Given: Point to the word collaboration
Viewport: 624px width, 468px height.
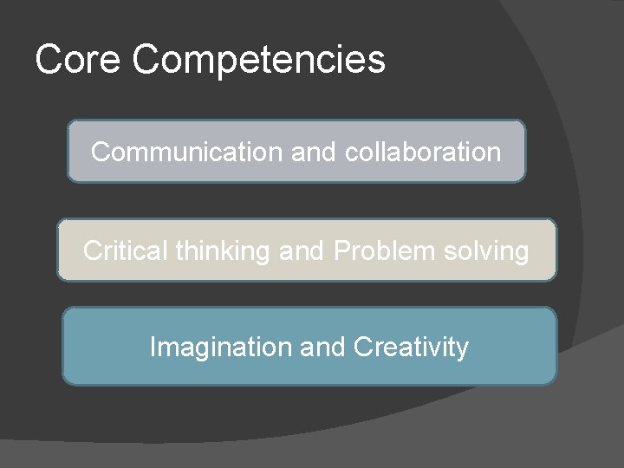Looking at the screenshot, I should coord(423,152).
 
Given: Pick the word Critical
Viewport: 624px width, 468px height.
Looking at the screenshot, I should coord(126,250).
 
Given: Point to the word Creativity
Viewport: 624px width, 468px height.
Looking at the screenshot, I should coord(412,348).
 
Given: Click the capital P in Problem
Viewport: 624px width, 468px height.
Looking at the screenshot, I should coord(341,250).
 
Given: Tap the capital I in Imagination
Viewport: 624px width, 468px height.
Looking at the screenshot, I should coord(153,347).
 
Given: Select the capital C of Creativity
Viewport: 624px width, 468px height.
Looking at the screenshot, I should coord(362,347).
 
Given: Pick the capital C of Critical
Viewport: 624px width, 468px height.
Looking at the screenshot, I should coord(92,250).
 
